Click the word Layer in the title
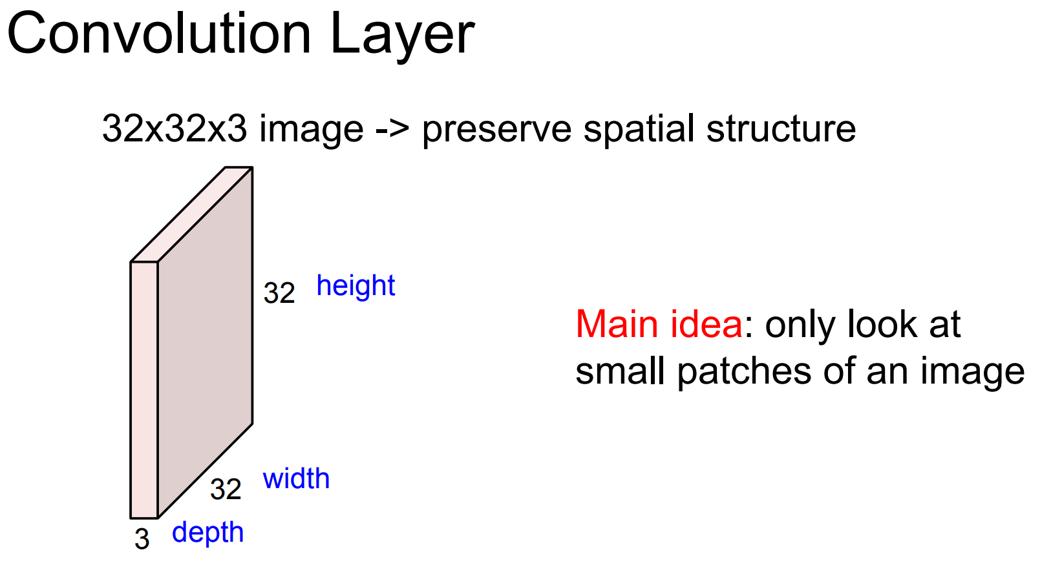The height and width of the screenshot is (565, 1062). coord(402,36)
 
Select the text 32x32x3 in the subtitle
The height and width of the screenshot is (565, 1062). coord(175,128)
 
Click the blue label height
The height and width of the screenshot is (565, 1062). coord(356,286)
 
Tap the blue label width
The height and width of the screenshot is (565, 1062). coord(296,479)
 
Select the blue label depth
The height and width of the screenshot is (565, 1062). coord(207,533)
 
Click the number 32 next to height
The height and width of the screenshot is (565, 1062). coord(279,294)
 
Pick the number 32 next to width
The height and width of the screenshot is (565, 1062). coord(226,489)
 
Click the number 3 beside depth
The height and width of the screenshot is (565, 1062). coord(142,539)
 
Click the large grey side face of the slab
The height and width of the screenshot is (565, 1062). coord(205,342)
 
